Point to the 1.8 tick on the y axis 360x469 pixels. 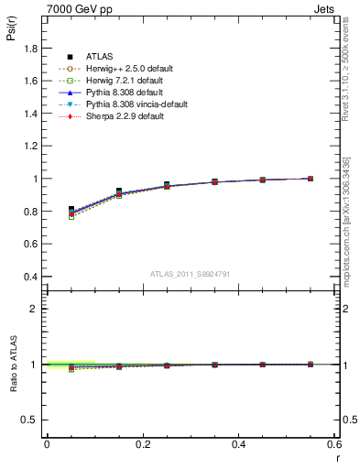[x=30, y=49]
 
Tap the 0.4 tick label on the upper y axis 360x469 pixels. [x=30, y=277]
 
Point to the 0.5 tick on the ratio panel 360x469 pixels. [x=30, y=420]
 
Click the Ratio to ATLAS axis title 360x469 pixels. [x=12, y=365]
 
